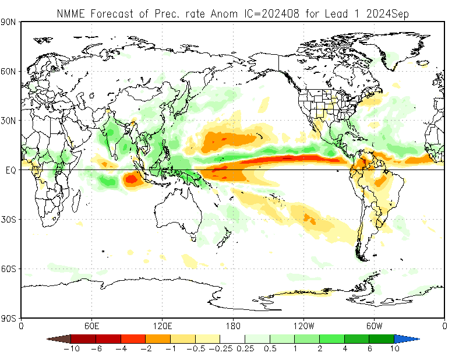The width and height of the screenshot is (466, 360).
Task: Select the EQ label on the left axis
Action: click(x=10, y=171)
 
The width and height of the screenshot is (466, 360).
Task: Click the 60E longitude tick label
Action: click(x=92, y=326)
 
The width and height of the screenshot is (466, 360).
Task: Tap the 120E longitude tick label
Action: click(x=163, y=326)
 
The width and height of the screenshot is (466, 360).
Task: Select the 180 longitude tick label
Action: click(x=233, y=326)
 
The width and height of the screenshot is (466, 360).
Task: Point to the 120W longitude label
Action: click(x=303, y=326)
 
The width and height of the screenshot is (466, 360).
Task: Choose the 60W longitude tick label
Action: click(x=374, y=326)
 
